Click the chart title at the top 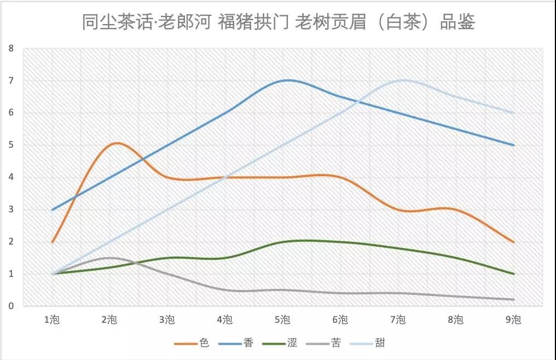(279, 22)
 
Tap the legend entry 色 (204, 343)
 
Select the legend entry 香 (248, 343)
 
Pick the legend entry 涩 (292, 343)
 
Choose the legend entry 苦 (336, 343)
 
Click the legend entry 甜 (380, 343)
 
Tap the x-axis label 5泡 (283, 320)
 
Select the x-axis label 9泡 (514, 320)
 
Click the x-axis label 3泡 (167, 320)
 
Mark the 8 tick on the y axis (10, 48)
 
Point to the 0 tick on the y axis (10, 306)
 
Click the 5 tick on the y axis (10, 145)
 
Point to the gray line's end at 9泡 (514, 299)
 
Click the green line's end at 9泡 (514, 274)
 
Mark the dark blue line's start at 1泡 (52, 210)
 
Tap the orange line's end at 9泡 (514, 242)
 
